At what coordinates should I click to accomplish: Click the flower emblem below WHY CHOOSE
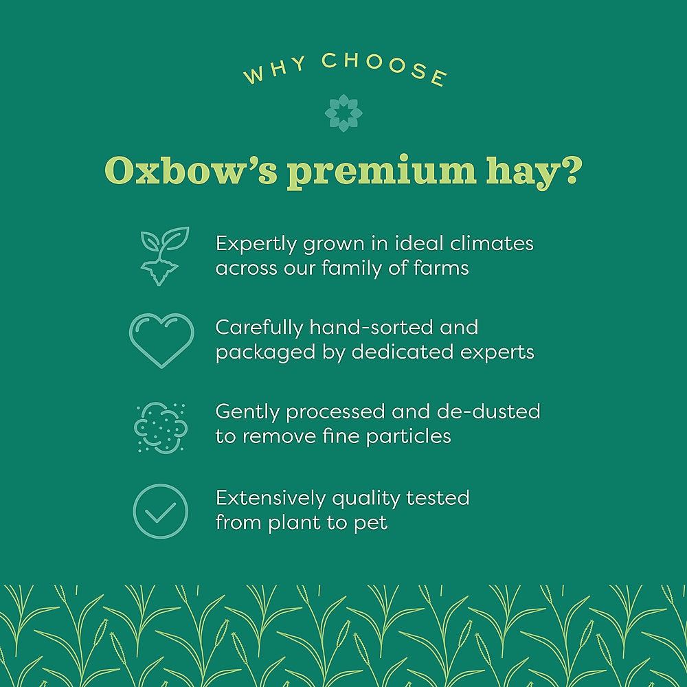click(343, 113)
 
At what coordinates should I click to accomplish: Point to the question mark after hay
click(565, 172)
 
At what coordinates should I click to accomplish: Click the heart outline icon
click(161, 340)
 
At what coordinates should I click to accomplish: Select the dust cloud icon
click(160, 427)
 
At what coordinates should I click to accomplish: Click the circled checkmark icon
click(160, 510)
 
